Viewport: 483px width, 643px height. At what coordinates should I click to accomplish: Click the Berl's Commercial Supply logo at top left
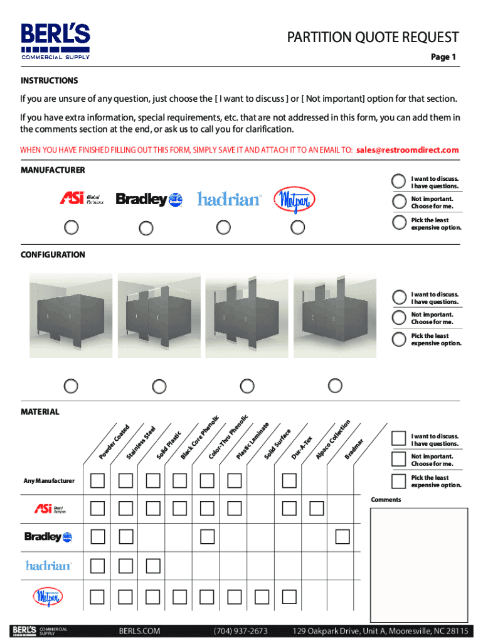click(x=56, y=41)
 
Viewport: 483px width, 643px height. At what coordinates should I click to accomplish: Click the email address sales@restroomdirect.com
click(x=407, y=150)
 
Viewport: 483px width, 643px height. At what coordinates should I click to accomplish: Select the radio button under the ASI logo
click(x=72, y=227)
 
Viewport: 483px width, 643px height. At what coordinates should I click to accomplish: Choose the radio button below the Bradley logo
click(x=146, y=228)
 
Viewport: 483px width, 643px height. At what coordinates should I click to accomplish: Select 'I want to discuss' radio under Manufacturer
click(x=398, y=181)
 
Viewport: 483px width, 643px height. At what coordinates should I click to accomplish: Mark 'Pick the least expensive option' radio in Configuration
click(x=398, y=340)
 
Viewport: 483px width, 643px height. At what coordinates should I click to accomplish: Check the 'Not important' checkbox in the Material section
click(x=398, y=460)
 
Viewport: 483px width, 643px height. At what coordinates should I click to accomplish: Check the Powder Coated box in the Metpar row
click(x=98, y=595)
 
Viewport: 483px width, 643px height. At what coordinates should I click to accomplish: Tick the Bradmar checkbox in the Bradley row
click(x=342, y=536)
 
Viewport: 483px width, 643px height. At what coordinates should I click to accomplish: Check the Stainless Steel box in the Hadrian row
click(x=126, y=566)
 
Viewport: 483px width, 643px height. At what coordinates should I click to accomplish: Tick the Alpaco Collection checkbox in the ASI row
click(x=317, y=507)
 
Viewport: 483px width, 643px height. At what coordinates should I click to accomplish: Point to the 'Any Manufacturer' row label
click(x=49, y=481)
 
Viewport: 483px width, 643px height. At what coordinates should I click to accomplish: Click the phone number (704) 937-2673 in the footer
click(x=241, y=630)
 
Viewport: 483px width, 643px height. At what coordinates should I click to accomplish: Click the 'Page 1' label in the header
click(x=443, y=57)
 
